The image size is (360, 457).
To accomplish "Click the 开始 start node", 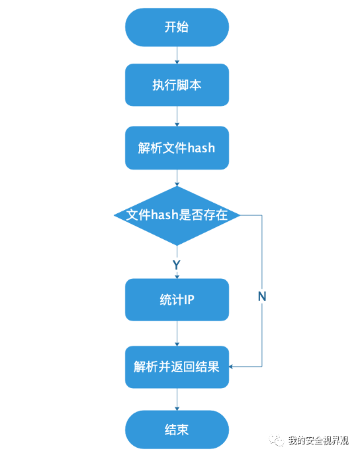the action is pyautogui.click(x=177, y=27).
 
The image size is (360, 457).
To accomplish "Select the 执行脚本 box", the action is pyautogui.click(x=177, y=85).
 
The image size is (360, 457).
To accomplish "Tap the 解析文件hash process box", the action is pyautogui.click(x=177, y=148).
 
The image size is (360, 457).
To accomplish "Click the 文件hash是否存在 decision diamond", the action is pyautogui.click(x=177, y=215).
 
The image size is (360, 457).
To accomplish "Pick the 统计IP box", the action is pyautogui.click(x=177, y=299).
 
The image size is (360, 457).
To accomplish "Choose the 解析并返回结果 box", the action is pyautogui.click(x=177, y=367).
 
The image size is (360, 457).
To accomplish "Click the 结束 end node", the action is pyautogui.click(x=177, y=430).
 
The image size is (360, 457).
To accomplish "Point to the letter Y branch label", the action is pyautogui.click(x=177, y=265).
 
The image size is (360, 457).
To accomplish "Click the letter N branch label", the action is pyautogui.click(x=262, y=297).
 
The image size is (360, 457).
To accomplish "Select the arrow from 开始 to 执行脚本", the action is pyautogui.click(x=177, y=55).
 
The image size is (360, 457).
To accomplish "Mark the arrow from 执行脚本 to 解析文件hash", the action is pyautogui.click(x=177, y=116).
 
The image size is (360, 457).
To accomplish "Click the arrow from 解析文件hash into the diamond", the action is pyautogui.click(x=177, y=178).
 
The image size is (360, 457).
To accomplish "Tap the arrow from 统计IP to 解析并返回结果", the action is pyautogui.click(x=177, y=333).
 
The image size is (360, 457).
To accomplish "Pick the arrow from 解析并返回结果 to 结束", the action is pyautogui.click(x=177, y=399).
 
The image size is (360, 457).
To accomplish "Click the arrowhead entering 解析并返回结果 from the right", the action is pyautogui.click(x=231, y=367).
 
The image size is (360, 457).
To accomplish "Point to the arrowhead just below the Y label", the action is pyautogui.click(x=177, y=276).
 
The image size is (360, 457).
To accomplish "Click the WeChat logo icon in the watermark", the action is pyautogui.click(x=276, y=440).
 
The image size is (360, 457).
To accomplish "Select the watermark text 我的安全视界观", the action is pyautogui.click(x=318, y=440).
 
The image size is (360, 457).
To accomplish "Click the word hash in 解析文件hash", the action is pyautogui.click(x=201, y=148).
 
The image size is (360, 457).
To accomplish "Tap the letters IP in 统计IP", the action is pyautogui.click(x=189, y=299).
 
